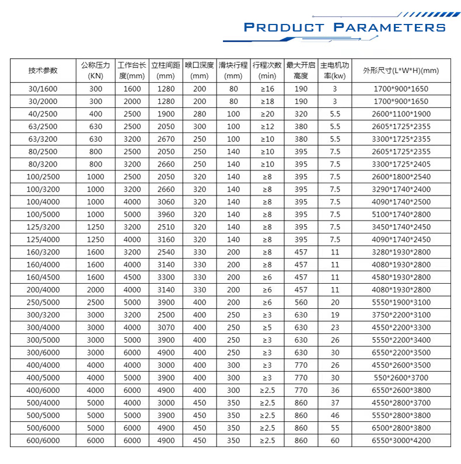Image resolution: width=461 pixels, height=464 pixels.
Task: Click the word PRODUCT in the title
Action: (x=284, y=27)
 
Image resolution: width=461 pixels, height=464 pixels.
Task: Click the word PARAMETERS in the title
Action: (x=389, y=27)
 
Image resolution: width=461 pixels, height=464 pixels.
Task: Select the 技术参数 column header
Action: (x=43, y=70)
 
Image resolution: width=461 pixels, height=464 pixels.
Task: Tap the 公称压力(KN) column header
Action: (x=96, y=70)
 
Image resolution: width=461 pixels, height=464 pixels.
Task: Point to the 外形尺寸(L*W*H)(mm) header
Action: (x=400, y=70)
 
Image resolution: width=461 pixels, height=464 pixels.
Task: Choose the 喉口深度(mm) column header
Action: (x=200, y=70)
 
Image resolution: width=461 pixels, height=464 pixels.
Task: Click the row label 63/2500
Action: (x=43, y=127)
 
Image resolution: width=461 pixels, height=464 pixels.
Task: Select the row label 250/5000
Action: (x=43, y=302)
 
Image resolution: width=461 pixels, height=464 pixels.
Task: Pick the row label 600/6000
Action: (x=43, y=441)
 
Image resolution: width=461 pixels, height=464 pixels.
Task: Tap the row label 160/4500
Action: (x=43, y=277)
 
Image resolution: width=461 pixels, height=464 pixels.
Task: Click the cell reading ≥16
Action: (x=267, y=89)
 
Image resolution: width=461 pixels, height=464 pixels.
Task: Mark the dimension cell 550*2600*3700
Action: (x=400, y=378)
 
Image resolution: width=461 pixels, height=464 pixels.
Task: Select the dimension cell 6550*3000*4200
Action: (x=400, y=441)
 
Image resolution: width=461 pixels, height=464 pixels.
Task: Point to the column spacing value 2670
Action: (x=166, y=139)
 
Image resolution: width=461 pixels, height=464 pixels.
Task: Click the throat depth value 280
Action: (x=200, y=114)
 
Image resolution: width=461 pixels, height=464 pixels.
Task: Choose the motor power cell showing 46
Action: (x=335, y=416)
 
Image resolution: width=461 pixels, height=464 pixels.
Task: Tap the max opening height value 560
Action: (x=301, y=302)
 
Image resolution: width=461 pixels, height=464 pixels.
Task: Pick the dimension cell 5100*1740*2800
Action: (x=400, y=214)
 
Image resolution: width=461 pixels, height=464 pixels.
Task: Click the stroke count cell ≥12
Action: (x=267, y=127)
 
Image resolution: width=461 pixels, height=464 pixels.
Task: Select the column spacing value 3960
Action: (x=166, y=214)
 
